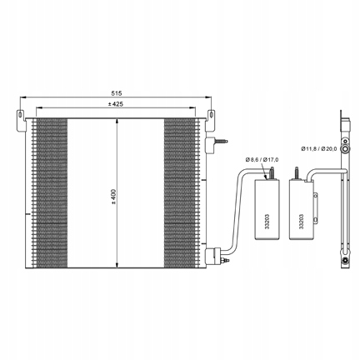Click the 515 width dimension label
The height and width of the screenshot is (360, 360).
coord(116,93)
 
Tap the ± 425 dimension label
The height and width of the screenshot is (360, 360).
coord(116,104)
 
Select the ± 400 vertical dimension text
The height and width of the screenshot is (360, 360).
coord(113,197)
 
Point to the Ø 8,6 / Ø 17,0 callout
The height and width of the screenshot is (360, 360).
coord(262,160)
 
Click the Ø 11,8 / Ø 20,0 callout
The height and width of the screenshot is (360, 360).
coord(319,149)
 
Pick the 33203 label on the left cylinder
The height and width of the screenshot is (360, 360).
coord(267,222)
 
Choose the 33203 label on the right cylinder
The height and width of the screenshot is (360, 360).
coord(302,222)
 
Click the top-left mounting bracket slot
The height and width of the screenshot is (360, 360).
coord(20,114)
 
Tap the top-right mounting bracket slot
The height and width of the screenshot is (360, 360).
coord(211,114)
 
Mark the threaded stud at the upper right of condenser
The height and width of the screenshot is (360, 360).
coord(221,141)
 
